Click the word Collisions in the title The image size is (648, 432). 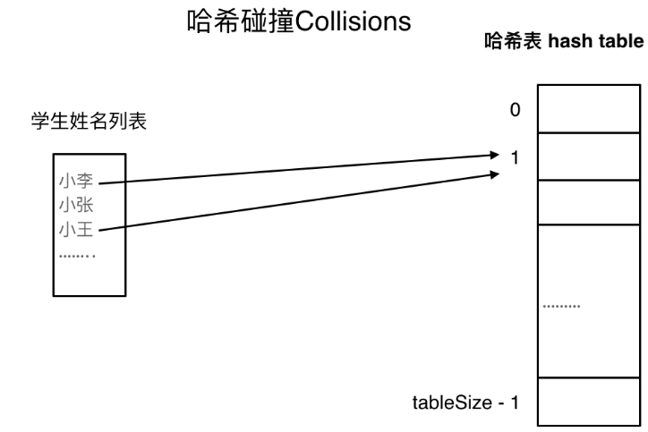point(354,22)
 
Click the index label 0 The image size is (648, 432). point(513,111)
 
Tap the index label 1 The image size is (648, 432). point(514,158)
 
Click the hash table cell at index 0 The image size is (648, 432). point(588,109)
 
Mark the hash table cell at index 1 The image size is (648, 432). point(588,157)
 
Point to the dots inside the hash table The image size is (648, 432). point(563,305)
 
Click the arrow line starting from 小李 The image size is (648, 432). point(295,170)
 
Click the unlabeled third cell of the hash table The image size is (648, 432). point(588,202)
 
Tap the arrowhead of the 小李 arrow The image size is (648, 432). point(492,155)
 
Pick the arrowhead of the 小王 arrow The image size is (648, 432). point(492,174)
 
